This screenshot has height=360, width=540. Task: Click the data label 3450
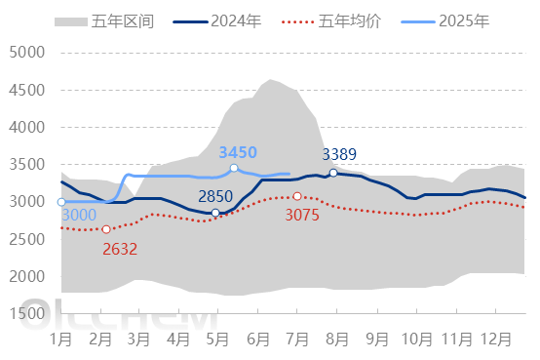pos(238,152)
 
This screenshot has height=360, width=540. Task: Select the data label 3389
pos(341,154)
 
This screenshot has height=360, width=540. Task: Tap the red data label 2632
pos(120,248)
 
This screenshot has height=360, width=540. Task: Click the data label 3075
pos(302,216)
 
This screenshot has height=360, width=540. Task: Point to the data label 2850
pos(215,196)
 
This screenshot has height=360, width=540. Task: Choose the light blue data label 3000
pos(79,216)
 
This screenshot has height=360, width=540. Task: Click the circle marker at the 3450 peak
pos(234,168)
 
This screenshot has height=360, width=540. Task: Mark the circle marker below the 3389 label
pos(333,173)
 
